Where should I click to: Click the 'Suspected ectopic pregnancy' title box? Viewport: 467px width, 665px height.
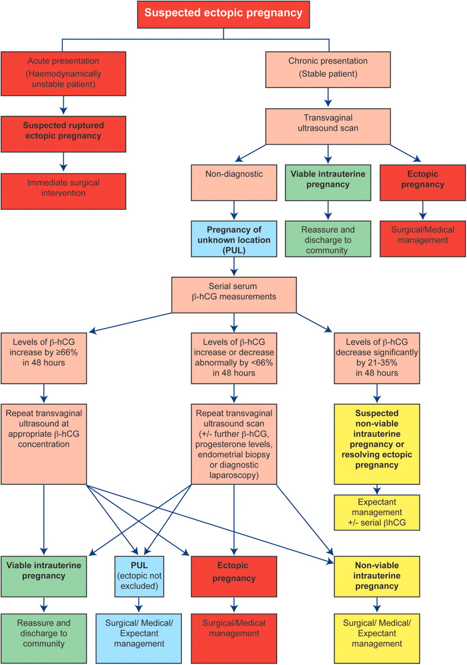(x=223, y=14)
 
